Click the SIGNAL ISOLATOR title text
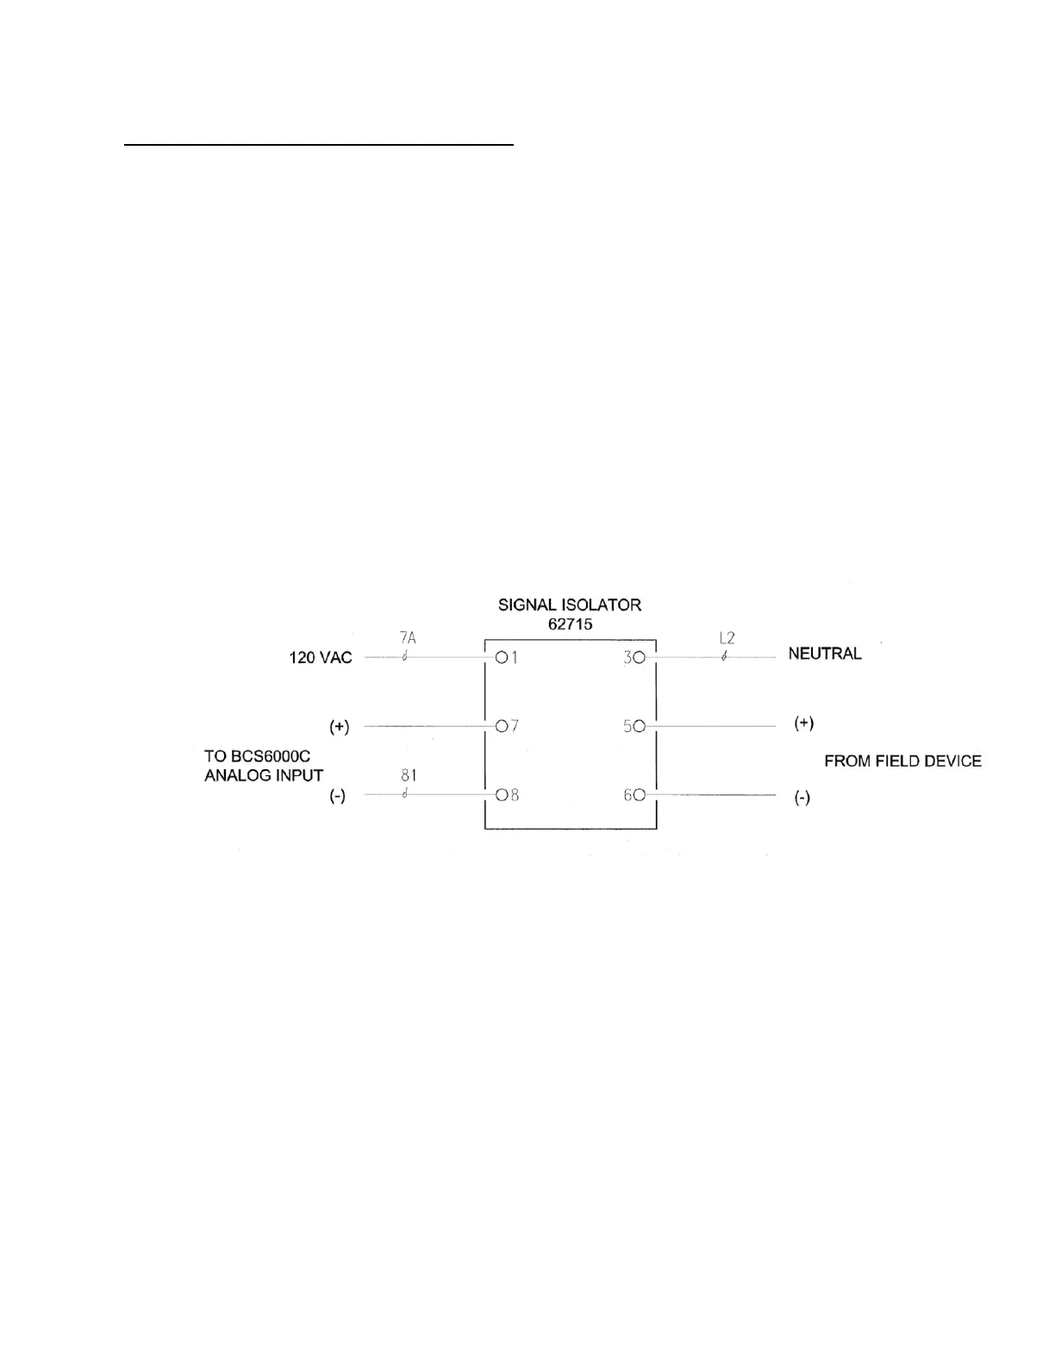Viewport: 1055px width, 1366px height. click(570, 605)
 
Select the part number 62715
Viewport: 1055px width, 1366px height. click(570, 623)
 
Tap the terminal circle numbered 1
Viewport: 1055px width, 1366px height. click(501, 658)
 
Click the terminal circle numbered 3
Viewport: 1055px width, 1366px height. click(640, 658)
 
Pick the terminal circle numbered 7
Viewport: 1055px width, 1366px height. click(501, 726)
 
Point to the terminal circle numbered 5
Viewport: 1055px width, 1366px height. click(640, 726)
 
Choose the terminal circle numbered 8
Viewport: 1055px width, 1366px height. click(501, 795)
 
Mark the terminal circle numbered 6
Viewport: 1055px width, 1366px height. click(640, 795)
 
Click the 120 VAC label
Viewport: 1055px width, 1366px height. click(320, 658)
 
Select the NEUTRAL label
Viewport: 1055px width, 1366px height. click(825, 654)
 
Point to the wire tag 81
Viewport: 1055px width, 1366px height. click(409, 776)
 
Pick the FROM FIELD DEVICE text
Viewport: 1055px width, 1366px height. click(902, 761)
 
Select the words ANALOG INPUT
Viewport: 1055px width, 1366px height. click(264, 775)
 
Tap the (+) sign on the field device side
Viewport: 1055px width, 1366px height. click(803, 724)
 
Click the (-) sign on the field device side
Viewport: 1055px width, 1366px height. click(802, 799)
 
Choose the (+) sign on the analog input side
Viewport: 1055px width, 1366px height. click(340, 727)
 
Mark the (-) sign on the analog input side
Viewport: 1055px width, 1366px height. click(338, 796)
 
